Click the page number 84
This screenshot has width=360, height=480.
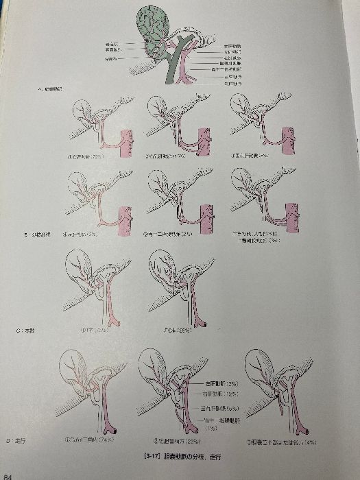pyautogui.click(x=6, y=474)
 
